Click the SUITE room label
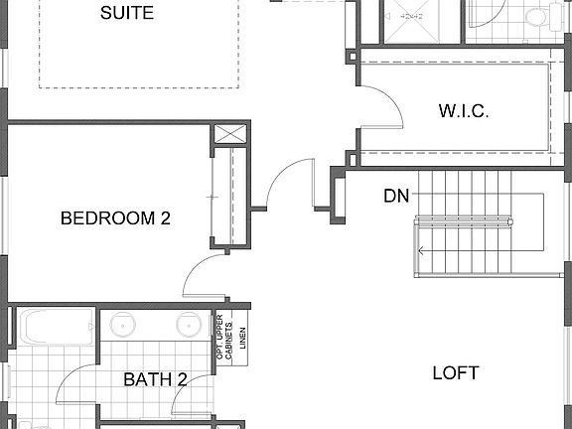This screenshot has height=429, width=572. click(x=127, y=13)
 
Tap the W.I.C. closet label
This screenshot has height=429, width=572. click(x=464, y=110)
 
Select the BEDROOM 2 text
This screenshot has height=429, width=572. click(x=115, y=218)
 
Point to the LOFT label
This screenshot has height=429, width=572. click(x=456, y=373)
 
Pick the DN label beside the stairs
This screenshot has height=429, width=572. click(x=397, y=196)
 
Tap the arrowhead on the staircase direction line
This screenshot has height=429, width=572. click(x=420, y=251)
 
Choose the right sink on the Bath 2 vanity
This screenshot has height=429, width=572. click(x=189, y=325)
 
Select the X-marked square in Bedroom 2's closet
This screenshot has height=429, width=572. click(x=230, y=134)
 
